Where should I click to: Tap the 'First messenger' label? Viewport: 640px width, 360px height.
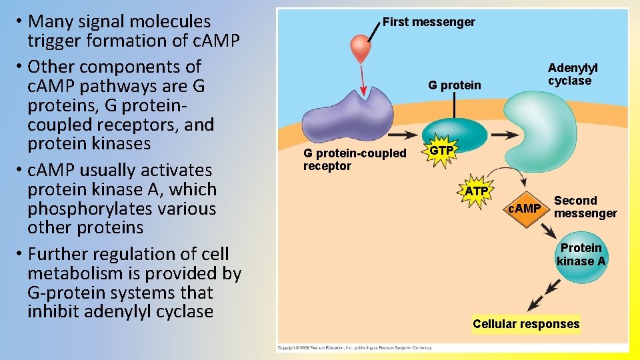pyautogui.click(x=429, y=22)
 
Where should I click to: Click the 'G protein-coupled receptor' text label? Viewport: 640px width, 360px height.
pyautogui.click(x=354, y=159)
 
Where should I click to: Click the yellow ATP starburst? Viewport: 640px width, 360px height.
pyautogui.click(x=477, y=192)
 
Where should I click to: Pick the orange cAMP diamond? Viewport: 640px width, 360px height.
pyautogui.click(x=525, y=209)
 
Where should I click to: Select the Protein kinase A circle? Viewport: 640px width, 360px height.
pyautogui.click(x=581, y=255)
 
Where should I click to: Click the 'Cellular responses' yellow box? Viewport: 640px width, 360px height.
pyautogui.click(x=526, y=324)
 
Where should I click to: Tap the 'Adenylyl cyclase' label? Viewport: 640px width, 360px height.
pyautogui.click(x=572, y=74)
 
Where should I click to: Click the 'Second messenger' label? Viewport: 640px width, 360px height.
pyautogui.click(x=585, y=207)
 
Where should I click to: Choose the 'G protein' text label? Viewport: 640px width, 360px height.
pyautogui.click(x=454, y=85)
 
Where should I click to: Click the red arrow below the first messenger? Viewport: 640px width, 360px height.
pyautogui.click(x=363, y=80)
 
